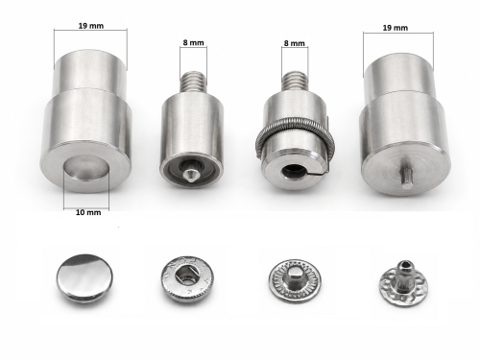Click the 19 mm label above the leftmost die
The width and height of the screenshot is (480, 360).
pos(91,26)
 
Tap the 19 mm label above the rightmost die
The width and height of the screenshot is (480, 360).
pos(396,28)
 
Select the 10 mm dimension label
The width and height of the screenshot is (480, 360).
pos(88,212)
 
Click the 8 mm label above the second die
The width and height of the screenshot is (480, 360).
pos(193,42)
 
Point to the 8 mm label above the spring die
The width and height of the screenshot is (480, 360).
pos(295,43)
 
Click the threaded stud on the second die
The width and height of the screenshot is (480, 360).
pos(193,83)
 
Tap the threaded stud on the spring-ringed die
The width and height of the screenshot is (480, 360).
pos(294,83)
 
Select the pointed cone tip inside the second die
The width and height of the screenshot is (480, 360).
pos(192,174)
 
